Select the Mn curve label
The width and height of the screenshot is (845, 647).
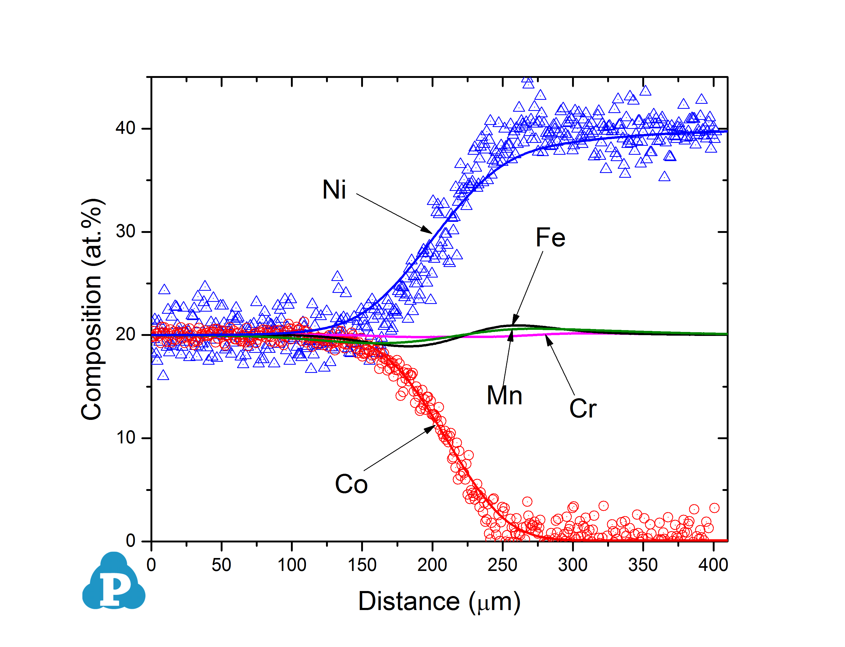(504, 396)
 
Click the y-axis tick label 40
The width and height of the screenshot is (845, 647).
(125, 128)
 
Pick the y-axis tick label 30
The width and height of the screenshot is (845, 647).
(125, 231)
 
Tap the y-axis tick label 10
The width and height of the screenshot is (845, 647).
(125, 438)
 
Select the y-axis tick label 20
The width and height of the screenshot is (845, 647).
(125, 334)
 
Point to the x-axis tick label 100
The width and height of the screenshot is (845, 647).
(291, 565)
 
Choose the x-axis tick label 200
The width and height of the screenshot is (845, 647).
(432, 565)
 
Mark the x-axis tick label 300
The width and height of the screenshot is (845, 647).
(573, 565)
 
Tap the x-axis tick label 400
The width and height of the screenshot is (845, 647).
(713, 565)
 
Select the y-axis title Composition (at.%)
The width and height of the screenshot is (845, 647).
(92, 309)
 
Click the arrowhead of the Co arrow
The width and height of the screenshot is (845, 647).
(431, 429)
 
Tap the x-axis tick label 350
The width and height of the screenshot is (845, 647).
(643, 565)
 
